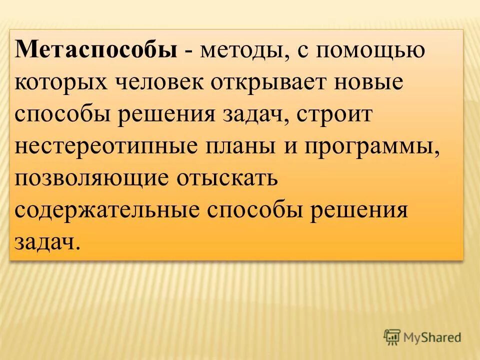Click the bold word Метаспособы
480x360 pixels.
point(96,52)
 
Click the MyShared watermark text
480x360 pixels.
point(432,337)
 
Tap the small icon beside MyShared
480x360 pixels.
point(392,337)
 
